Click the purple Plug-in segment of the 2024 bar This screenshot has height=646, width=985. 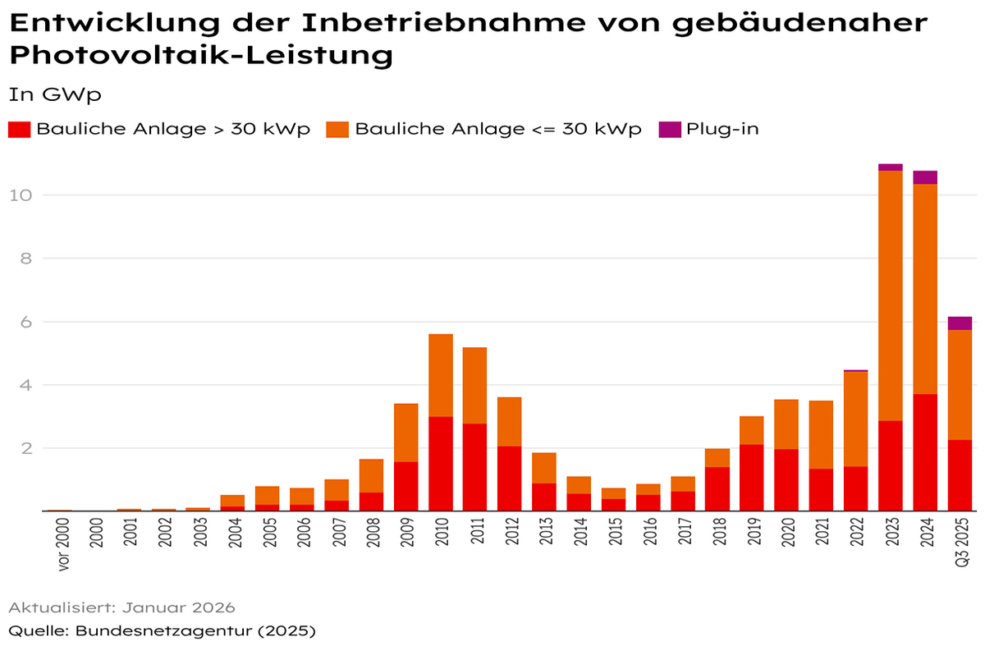925,177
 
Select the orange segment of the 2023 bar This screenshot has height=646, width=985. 891,296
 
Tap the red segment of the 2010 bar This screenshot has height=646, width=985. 441,464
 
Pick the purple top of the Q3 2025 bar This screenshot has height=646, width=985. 960,323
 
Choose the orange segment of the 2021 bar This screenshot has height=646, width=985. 821,435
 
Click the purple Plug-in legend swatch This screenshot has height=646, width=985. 670,130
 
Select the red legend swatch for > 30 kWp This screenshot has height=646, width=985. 20,130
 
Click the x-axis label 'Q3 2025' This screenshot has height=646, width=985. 960,545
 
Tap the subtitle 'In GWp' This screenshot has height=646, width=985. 54,94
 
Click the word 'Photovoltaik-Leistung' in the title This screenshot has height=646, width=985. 200,56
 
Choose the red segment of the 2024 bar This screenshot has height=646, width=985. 925,452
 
